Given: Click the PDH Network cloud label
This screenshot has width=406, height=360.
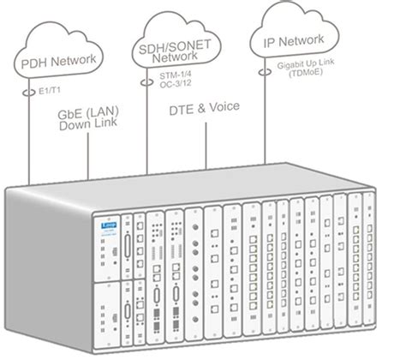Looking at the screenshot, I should pos(56,61).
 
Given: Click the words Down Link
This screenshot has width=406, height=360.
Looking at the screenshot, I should pos(91,128).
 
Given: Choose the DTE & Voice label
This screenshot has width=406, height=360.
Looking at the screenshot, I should pos(203,109).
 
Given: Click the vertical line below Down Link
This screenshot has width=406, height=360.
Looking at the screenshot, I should pos(91,159).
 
